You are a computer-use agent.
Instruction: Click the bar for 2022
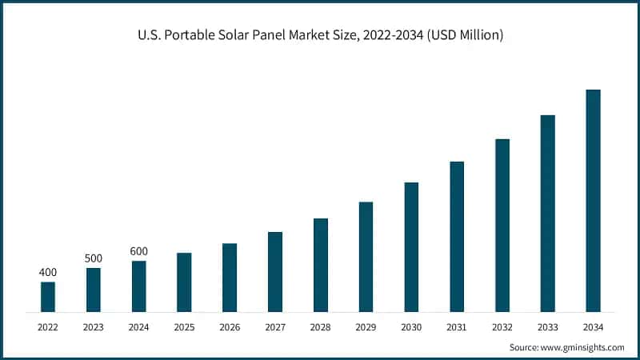(48, 296)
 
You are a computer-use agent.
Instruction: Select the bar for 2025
(184, 282)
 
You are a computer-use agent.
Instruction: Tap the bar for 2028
(321, 264)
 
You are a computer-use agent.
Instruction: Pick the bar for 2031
(457, 236)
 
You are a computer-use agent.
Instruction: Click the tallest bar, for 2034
(593, 200)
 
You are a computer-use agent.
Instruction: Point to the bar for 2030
(411, 246)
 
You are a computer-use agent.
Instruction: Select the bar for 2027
(275, 271)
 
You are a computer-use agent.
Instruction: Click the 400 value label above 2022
(48, 273)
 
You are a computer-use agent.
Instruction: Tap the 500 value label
(94, 258)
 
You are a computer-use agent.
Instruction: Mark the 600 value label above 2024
(139, 251)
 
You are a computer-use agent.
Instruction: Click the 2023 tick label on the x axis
(94, 326)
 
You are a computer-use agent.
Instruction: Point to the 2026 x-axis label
(230, 326)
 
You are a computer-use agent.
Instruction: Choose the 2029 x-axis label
(366, 326)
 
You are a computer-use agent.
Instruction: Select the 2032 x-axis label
(502, 326)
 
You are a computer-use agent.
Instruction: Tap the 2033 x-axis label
(547, 326)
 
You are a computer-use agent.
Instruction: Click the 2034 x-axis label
(593, 326)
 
